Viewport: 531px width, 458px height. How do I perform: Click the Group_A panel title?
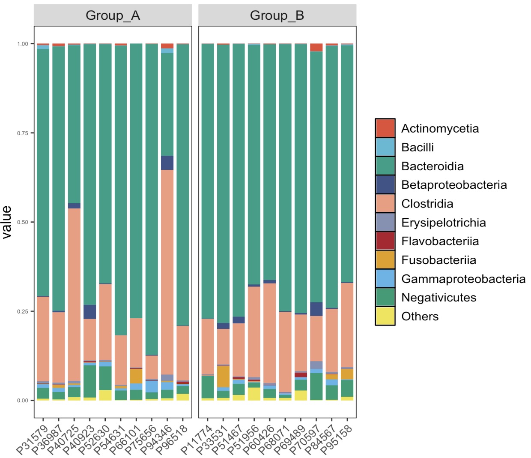(x=113, y=15)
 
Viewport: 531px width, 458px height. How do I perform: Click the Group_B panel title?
(x=277, y=15)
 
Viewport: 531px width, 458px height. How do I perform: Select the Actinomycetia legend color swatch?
(x=385, y=128)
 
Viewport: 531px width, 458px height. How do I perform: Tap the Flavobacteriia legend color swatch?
(x=385, y=241)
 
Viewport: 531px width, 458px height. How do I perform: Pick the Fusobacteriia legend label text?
(x=439, y=260)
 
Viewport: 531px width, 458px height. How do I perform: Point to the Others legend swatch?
(x=385, y=316)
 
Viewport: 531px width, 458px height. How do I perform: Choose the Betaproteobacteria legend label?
(x=454, y=185)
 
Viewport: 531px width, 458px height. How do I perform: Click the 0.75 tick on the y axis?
(x=23, y=133)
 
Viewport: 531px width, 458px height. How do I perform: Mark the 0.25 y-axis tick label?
(x=23, y=311)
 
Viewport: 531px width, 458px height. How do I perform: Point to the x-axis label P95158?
(x=337, y=438)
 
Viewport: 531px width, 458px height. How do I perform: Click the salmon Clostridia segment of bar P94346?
(x=167, y=270)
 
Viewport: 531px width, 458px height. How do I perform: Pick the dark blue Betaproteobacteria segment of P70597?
(x=316, y=309)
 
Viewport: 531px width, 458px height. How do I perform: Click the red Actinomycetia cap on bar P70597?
(x=316, y=47)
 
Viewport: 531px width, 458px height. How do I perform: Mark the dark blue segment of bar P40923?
(x=89, y=312)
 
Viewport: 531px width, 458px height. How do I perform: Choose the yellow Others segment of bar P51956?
(x=254, y=394)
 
